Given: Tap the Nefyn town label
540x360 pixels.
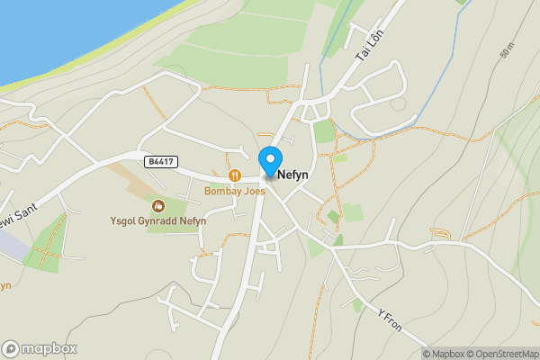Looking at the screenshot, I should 295,177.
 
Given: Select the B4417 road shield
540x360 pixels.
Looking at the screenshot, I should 157,161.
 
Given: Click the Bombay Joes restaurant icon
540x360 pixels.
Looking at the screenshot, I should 235,175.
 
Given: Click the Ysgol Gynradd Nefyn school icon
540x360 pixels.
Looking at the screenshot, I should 158,206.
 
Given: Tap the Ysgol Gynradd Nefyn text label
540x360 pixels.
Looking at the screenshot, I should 158,221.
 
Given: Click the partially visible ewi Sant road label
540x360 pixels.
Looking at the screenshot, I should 16,219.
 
